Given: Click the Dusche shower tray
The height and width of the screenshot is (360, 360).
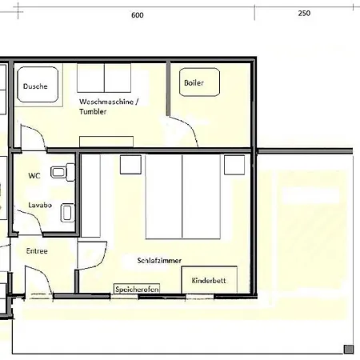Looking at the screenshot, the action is (x=38, y=84).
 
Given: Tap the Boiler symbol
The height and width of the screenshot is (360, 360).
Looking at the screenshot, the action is (x=199, y=82).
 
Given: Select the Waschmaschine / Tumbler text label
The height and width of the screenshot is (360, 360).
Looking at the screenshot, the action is (x=109, y=106).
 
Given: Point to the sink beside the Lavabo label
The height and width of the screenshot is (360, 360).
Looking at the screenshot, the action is (x=67, y=213).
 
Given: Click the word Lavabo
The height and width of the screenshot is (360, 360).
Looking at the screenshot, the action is (x=40, y=205).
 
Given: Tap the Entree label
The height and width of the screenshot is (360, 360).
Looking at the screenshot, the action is (x=37, y=251).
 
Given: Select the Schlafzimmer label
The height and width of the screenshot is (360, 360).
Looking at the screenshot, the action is (x=159, y=260).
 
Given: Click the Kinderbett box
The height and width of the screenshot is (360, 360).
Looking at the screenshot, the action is (x=210, y=280).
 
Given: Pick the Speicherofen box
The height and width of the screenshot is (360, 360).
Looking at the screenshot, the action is (x=137, y=289).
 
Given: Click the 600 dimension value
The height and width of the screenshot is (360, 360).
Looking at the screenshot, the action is (x=138, y=15).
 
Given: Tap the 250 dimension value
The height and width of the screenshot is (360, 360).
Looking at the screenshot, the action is (x=304, y=14).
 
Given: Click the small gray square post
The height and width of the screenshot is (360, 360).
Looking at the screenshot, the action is (x=349, y=349).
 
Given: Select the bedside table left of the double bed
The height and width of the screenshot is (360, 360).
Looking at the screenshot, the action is (x=130, y=165).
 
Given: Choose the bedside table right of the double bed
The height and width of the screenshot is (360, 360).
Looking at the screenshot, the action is (x=234, y=165).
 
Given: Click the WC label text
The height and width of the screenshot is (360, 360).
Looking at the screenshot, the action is (x=34, y=176).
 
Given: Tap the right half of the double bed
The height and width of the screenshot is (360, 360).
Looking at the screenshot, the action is (x=202, y=197).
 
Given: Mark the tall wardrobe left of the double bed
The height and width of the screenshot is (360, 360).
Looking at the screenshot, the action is (x=90, y=195).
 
